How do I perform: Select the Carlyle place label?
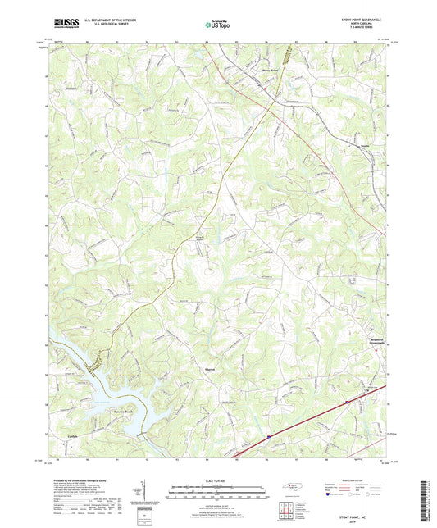[73, 435]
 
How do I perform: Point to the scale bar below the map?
[217, 491]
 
